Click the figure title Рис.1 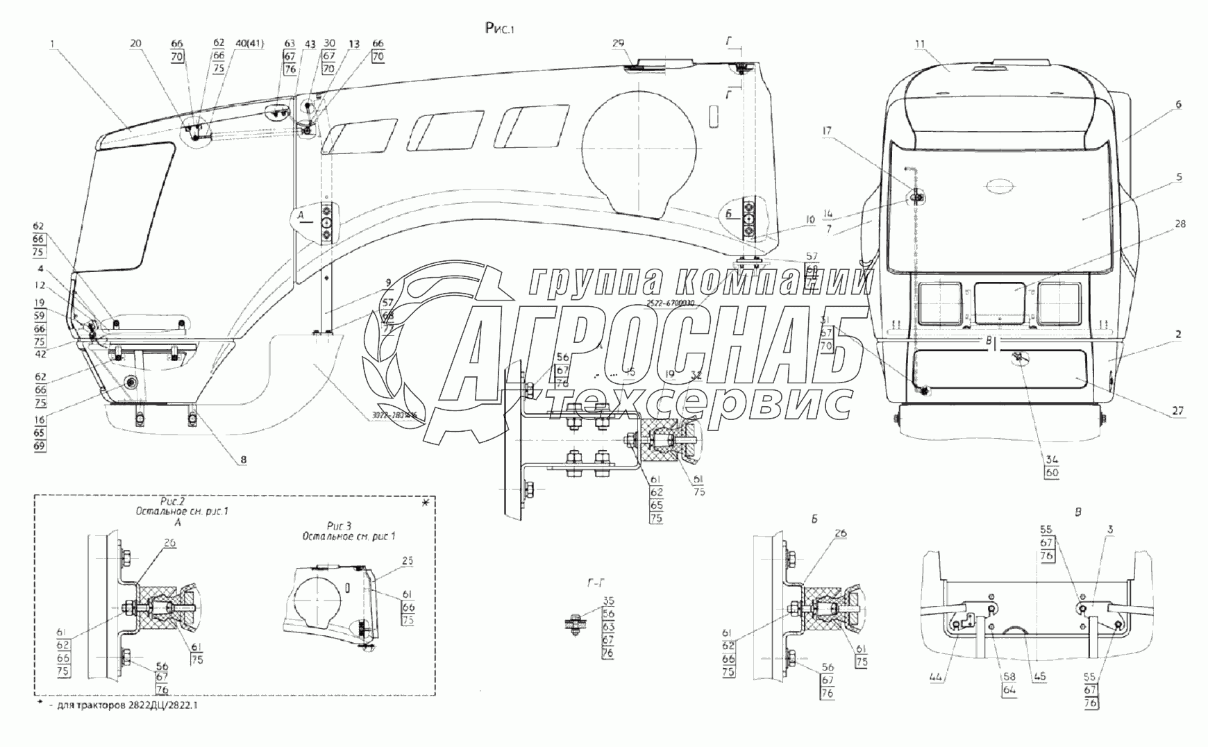coord(502,28)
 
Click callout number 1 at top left coord(52,44)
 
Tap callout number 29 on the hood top coord(619,44)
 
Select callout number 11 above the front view coord(920,44)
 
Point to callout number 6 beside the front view coord(1179,104)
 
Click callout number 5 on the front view coord(1179,177)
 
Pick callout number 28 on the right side coord(1181,224)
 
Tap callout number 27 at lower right coord(1178,411)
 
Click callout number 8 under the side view coord(243,459)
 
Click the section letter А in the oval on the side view coord(301,216)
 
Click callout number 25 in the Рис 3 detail coord(408,560)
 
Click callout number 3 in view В coord(1110,530)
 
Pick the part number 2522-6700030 coord(669,303)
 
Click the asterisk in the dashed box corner coord(426,502)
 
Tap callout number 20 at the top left coord(135,44)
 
